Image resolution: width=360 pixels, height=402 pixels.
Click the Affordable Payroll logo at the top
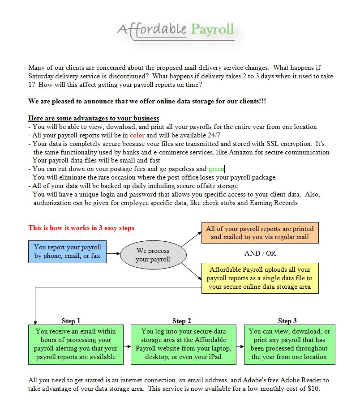pos(176,30)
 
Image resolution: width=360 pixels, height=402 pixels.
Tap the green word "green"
pos(216,169)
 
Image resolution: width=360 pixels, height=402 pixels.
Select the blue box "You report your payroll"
pos(67,252)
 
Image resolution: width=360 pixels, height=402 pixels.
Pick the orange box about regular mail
pos(260,233)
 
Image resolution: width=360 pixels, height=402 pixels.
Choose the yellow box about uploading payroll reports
pos(260,278)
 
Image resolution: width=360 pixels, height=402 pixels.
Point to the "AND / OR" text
pos(260,253)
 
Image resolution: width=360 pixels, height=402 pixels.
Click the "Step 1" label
pos(71,321)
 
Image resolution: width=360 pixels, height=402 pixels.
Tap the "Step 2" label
pos(182,321)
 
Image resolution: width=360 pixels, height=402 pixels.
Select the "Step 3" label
pos(287,321)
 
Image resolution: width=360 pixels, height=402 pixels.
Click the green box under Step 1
pos(76,344)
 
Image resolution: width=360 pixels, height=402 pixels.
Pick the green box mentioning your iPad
pos(184,344)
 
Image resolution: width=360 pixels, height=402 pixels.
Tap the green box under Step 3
pos(289,344)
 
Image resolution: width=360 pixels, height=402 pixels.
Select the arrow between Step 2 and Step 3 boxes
pos(240,344)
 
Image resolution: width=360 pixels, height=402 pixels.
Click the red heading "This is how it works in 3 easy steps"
pos(81,228)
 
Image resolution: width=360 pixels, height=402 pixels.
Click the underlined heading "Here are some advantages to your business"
pos(93,118)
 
